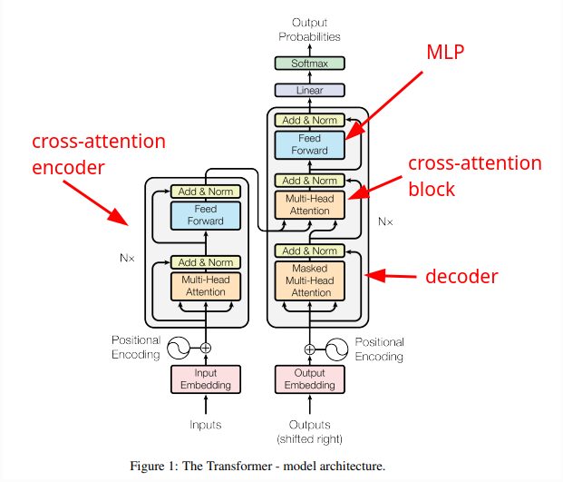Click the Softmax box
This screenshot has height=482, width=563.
309,64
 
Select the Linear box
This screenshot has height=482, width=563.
309,90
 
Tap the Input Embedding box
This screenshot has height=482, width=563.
206,379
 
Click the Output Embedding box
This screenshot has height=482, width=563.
309,379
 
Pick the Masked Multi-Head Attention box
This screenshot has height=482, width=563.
311,280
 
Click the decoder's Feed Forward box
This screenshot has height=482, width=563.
310,144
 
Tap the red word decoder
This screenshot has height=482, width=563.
462,276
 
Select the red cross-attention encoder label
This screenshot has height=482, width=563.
99,154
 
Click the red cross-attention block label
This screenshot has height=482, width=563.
474,176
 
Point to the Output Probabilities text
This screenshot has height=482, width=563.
309,29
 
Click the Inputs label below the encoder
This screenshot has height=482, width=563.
206,424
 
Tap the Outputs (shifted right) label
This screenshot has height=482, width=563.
309,431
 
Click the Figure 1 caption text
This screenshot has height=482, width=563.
258,467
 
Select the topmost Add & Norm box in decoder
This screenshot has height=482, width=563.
310,120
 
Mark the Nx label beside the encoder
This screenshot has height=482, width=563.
127,258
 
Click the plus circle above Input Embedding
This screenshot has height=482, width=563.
206,348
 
